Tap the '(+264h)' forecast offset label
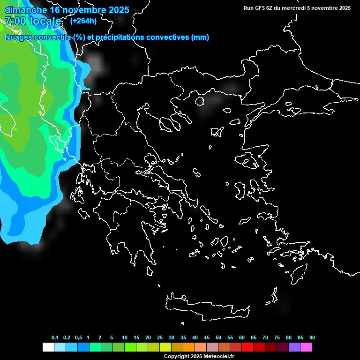(83, 21)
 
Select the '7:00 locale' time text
(33, 21)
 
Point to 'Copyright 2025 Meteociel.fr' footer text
(199, 356)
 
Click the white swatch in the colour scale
(48, 347)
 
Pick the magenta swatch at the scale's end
(306, 347)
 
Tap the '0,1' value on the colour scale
(55, 338)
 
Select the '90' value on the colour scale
(312, 338)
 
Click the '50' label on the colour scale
(218, 338)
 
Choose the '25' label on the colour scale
(160, 338)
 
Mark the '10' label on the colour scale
(125, 338)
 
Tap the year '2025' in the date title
(115, 9)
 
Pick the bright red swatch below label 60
(247, 347)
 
